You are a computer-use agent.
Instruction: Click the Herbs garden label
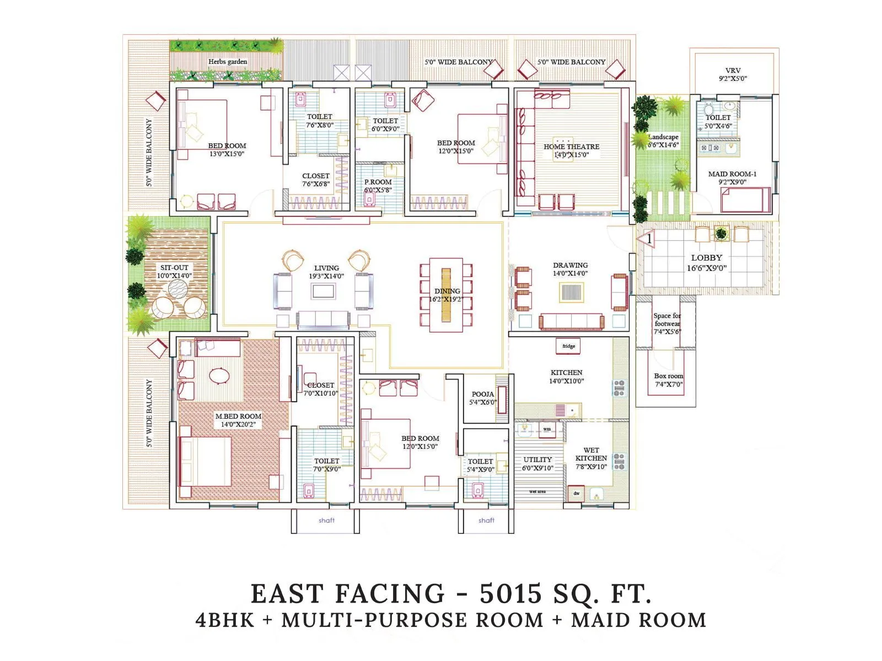(x=227, y=62)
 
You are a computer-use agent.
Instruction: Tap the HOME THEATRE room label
(x=571, y=147)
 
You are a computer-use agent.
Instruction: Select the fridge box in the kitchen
(x=568, y=346)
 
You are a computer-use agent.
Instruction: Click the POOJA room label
(x=483, y=394)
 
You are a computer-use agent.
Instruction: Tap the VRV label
(x=733, y=71)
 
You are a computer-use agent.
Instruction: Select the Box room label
(x=668, y=376)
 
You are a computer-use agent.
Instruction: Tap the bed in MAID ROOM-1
(x=745, y=199)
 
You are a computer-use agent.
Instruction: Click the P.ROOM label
(x=378, y=182)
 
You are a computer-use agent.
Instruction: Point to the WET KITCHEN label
(x=591, y=454)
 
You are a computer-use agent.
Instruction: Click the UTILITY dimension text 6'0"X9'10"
(x=537, y=468)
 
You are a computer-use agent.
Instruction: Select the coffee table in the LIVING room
(x=323, y=291)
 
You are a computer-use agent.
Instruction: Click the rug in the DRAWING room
(x=572, y=291)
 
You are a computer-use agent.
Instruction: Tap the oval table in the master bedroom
(x=219, y=376)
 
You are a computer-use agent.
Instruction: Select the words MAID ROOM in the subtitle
(x=638, y=620)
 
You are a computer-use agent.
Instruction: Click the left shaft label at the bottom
(x=326, y=520)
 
